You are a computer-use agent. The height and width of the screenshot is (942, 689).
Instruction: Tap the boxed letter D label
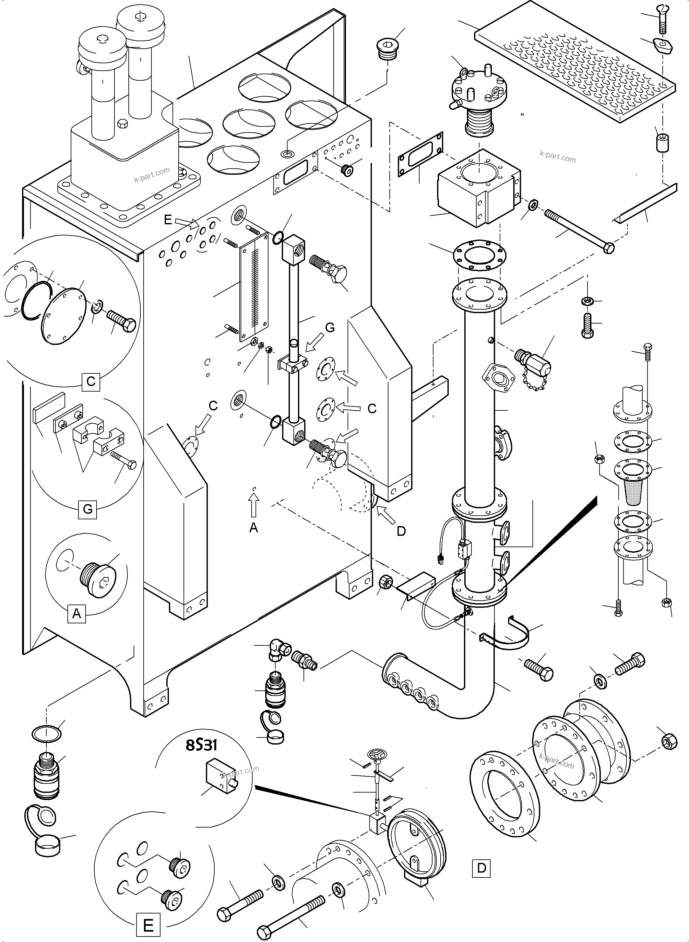(481, 868)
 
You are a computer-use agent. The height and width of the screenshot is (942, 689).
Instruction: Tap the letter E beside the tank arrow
(168, 220)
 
